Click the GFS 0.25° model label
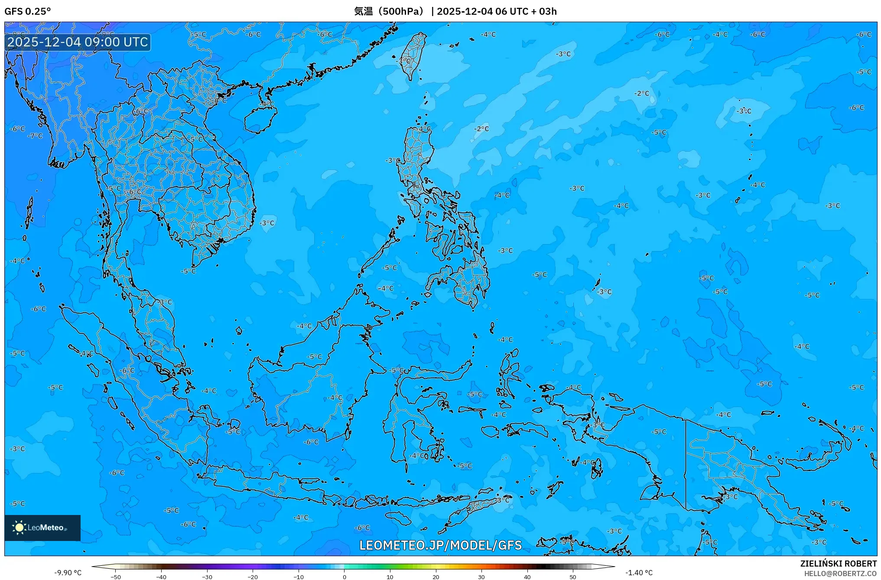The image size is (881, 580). click(27, 11)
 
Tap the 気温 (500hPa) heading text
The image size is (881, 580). click(389, 11)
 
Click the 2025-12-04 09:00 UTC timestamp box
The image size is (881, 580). click(78, 42)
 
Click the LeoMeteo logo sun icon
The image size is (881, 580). click(19, 528)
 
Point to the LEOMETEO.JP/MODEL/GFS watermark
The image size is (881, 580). click(440, 545)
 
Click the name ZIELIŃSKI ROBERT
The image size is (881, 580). click(838, 564)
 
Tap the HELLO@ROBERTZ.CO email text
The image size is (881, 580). click(840, 573)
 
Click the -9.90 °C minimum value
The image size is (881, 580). click(68, 573)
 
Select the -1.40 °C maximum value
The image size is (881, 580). click(638, 573)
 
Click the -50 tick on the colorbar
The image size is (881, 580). click(116, 577)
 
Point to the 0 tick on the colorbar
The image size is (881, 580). click(345, 577)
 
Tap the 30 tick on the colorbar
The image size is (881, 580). click(481, 577)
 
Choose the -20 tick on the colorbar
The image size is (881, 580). click(253, 577)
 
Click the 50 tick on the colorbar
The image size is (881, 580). click(573, 577)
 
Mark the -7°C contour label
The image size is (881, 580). click(35, 136)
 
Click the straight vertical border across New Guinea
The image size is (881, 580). click(686, 464)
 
